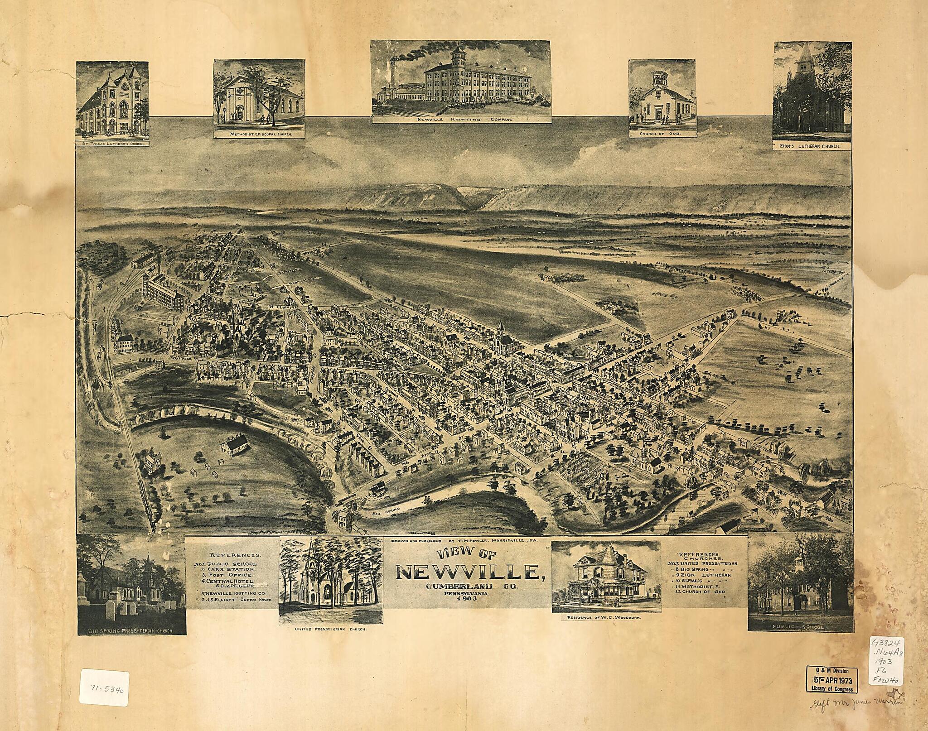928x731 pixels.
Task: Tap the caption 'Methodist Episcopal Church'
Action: coord(259,135)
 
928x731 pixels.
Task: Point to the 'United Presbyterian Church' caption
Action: coord(331,630)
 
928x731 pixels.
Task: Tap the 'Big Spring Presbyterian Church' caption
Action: coord(131,630)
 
